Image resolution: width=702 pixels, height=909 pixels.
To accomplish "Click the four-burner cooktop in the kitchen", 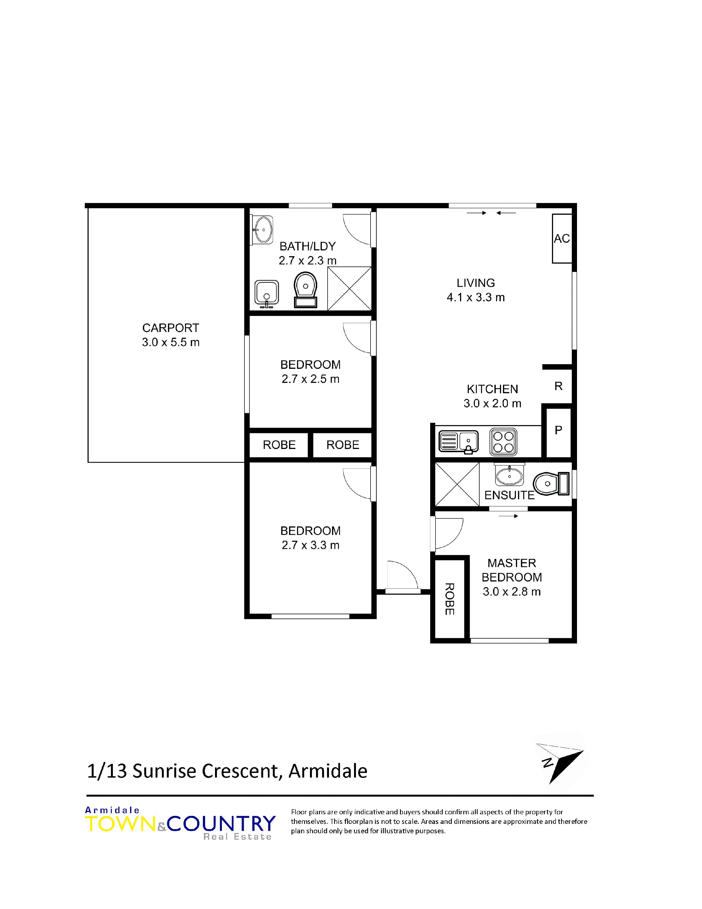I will point(503,442).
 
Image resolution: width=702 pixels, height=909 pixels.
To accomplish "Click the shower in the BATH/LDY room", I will point(349,288).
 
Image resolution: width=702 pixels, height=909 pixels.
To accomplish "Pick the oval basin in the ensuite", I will point(510,475).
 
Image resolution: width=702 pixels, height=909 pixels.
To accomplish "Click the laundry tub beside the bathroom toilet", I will point(266,293).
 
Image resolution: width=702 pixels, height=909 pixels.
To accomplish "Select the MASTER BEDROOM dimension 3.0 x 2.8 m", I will point(511,591).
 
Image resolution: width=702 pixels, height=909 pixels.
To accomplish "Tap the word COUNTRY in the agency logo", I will point(221,824).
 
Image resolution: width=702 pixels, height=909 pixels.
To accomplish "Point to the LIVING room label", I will point(476,283).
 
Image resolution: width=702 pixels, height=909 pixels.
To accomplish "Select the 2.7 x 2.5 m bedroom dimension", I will point(310,379).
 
